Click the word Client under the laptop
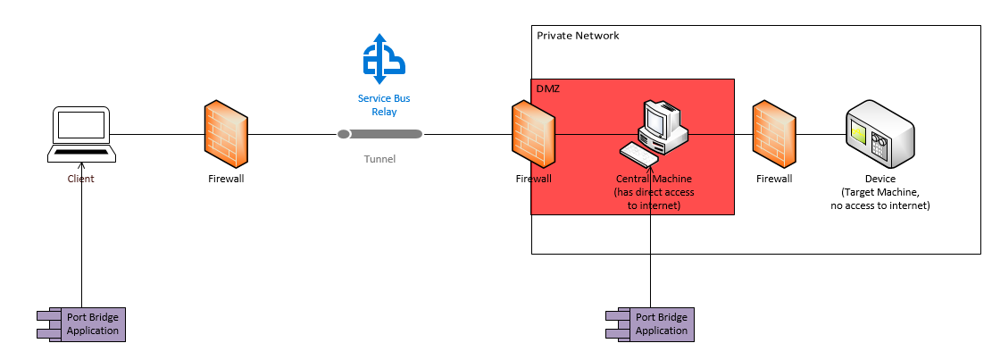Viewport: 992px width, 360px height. pos(80,179)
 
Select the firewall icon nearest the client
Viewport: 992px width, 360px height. pos(225,134)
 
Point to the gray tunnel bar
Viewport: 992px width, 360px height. pos(380,134)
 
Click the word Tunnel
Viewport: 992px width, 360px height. pos(379,159)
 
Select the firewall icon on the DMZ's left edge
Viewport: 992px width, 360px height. pos(534,134)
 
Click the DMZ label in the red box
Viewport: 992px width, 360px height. pos(546,88)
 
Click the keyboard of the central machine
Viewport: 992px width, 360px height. pos(639,155)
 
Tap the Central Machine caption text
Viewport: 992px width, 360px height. pos(654,192)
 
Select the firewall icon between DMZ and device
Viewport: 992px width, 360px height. pos(774,134)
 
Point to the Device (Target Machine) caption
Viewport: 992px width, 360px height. pos(879,192)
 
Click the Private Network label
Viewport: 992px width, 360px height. pos(578,36)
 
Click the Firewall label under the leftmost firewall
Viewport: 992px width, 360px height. pos(225,179)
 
